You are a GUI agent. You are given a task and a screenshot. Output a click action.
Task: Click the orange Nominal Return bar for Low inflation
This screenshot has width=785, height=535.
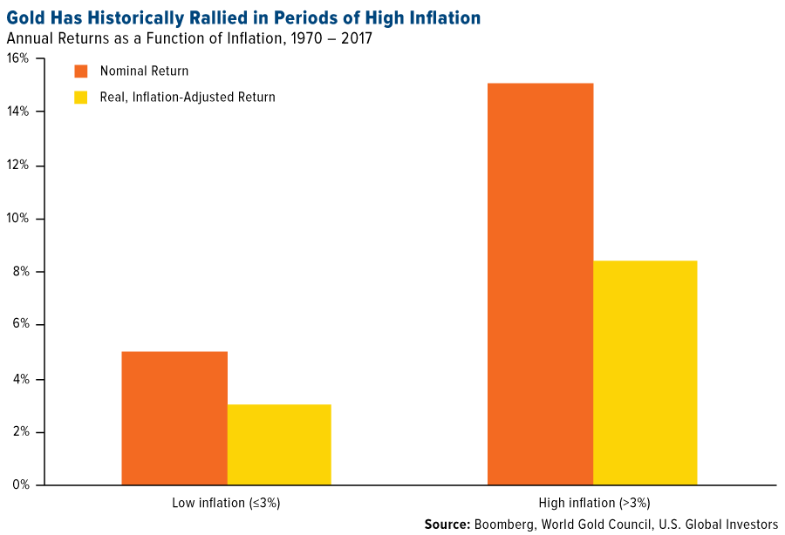click(x=174, y=418)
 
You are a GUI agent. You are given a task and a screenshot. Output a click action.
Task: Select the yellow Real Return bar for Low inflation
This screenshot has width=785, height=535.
click(x=279, y=444)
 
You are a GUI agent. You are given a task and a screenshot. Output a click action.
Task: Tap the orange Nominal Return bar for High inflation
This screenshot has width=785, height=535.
click(x=540, y=284)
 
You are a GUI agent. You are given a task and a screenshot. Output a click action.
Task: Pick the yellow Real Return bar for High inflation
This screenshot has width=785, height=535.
click(x=645, y=373)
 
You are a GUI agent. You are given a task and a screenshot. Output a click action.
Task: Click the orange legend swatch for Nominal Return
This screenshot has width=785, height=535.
click(x=81, y=71)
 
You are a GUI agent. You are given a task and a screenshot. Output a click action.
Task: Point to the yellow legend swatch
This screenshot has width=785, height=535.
click(x=81, y=97)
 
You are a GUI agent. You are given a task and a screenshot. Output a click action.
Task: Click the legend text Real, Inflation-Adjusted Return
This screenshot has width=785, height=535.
click(x=188, y=97)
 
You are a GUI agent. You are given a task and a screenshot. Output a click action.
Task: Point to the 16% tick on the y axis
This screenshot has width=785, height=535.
click(x=18, y=58)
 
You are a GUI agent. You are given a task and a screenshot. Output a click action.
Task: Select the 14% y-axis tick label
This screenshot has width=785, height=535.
click(x=18, y=112)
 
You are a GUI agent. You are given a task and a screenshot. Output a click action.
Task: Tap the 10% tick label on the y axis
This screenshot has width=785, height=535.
click(x=18, y=218)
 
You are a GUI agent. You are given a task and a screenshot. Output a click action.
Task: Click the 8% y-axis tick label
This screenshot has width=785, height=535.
click(x=21, y=272)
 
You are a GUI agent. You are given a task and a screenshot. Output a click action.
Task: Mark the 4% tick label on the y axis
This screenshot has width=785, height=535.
click(x=21, y=379)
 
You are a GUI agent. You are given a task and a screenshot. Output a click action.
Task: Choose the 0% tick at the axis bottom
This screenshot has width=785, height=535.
click(x=21, y=485)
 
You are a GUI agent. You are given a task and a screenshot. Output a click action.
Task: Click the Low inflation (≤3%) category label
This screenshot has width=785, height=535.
click(x=226, y=503)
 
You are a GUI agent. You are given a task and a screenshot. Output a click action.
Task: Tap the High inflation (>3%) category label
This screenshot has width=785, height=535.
click(x=594, y=503)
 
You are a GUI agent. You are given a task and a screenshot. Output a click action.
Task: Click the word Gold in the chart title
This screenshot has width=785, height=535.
click(x=25, y=17)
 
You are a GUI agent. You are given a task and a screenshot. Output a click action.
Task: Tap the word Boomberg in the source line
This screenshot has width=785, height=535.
click(x=503, y=524)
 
